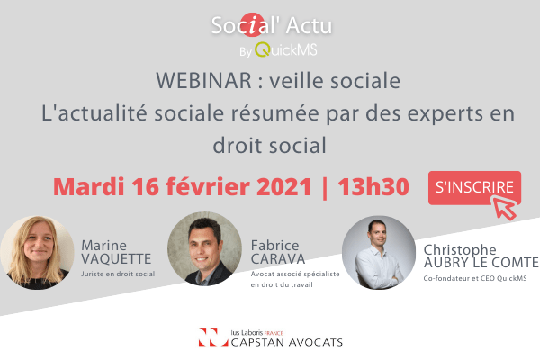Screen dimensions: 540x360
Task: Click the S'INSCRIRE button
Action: pyautogui.click(x=474, y=188)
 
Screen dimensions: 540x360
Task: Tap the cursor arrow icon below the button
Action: pyautogui.click(x=504, y=207)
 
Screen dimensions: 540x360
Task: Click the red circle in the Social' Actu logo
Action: pyautogui.click(x=252, y=25)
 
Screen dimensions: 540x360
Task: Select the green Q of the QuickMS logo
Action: pyautogui.click(x=262, y=49)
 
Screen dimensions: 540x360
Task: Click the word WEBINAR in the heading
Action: pyautogui.click(x=204, y=81)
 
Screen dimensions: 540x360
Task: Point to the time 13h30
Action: pyautogui.click(x=373, y=187)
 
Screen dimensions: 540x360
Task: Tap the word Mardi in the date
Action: pyautogui.click(x=88, y=187)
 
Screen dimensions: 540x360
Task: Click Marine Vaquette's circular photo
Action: pyautogui.click(x=37, y=253)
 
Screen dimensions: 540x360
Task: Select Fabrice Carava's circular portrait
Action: pyautogui.click(x=204, y=248)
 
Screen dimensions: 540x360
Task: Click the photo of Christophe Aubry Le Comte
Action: pyautogui.click(x=379, y=253)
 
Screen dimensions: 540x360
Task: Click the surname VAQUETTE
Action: pyautogui.click(x=116, y=259)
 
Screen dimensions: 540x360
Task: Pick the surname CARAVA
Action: pyautogui.click(x=278, y=259)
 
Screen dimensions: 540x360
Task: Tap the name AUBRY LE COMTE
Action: pyautogui.click(x=481, y=263)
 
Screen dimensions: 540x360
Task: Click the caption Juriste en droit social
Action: pyautogui.click(x=118, y=274)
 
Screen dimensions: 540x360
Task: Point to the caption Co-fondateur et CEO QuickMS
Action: pyautogui.click(x=475, y=278)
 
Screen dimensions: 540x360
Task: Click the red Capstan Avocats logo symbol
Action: pyautogui.click(x=213, y=337)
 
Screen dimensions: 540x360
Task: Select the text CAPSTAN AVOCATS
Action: pyautogui.click(x=287, y=342)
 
